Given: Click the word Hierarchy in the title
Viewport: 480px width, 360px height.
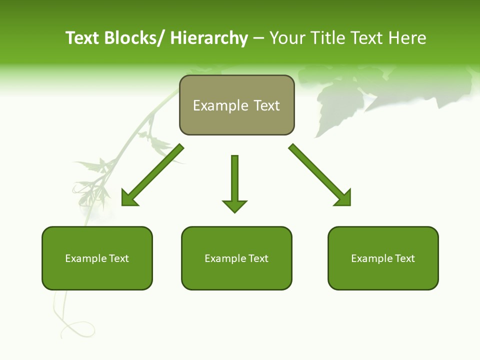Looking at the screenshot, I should click(209, 38).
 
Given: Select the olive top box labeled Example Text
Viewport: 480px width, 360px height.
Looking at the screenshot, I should click(236, 105).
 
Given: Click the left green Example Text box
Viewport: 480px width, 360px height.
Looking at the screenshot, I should click(97, 258).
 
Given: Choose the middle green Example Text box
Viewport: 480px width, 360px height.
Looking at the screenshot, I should click(236, 258).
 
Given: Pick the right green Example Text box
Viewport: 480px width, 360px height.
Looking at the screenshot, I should click(383, 258).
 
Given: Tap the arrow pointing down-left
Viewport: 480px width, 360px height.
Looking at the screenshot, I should click(152, 175).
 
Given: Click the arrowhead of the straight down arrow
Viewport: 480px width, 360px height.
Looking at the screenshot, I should click(234, 205).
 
